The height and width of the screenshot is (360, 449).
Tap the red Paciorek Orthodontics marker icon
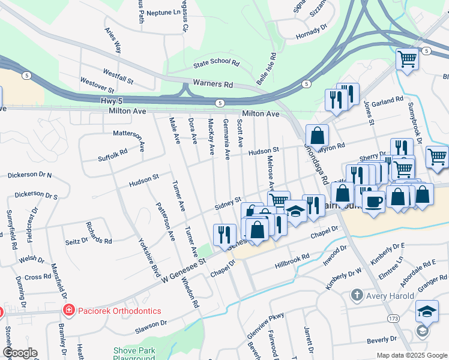[69, 310]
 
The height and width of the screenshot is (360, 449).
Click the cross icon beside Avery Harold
[357, 295]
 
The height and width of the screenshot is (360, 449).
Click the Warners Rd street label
[212, 85]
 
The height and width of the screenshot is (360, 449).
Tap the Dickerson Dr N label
[29, 175]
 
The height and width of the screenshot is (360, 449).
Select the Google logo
[20, 353]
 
